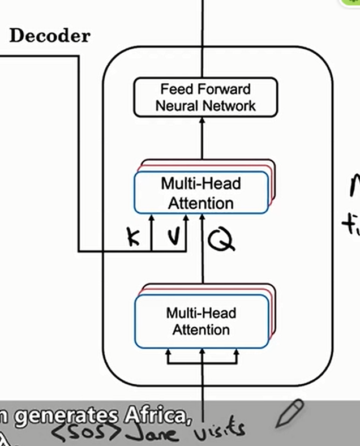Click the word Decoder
click(x=50, y=36)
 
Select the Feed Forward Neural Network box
click(x=205, y=97)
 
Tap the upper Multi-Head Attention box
click(x=201, y=192)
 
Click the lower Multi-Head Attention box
click(x=201, y=321)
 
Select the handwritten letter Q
click(x=220, y=239)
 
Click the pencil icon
click(x=290, y=414)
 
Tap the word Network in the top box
click(x=230, y=105)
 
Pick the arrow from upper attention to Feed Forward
click(x=202, y=139)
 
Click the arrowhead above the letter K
click(x=151, y=217)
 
